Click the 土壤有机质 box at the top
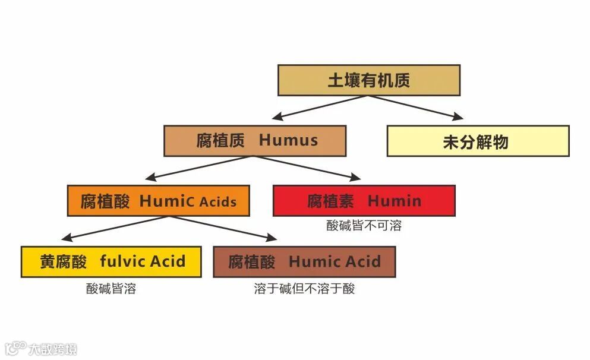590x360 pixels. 368,80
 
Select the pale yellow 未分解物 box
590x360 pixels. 478,141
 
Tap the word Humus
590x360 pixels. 288,141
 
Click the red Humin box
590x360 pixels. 364,201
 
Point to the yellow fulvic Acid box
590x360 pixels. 111,261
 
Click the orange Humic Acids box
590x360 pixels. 157,201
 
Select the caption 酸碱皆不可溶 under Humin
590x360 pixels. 364,226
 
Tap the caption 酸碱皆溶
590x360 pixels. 111,289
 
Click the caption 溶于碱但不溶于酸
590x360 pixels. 304,289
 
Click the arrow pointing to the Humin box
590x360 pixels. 309,168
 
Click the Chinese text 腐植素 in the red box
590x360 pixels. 330,201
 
